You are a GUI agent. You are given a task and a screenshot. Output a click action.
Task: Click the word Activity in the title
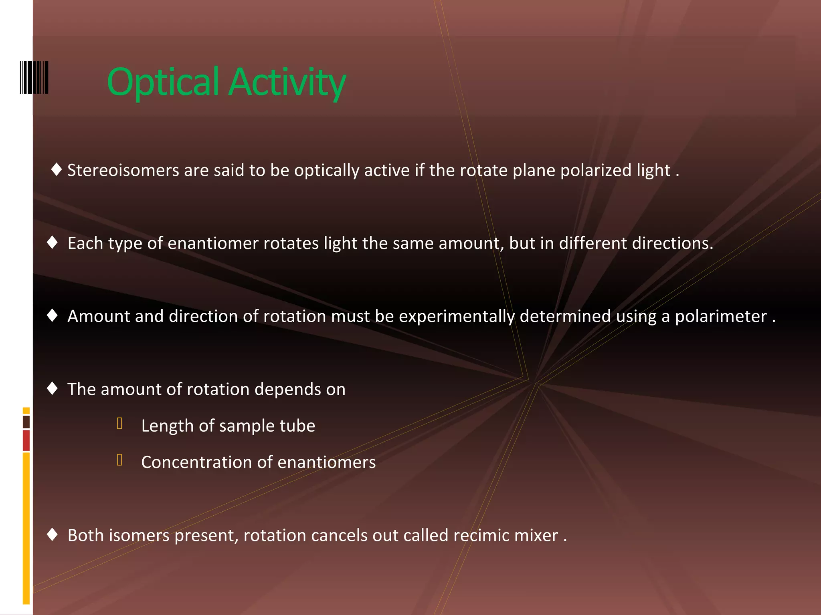[287, 82]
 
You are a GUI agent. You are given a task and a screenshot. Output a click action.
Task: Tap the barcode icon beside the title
[34, 77]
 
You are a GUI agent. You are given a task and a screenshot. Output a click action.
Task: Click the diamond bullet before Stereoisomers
[57, 169]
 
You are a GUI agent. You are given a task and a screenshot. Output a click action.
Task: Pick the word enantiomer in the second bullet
[213, 243]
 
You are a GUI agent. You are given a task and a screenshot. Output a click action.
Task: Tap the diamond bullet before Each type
[53, 242]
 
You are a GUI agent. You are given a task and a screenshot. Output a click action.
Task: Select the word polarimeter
[721, 316]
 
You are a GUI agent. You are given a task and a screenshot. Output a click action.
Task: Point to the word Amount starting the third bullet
[99, 316]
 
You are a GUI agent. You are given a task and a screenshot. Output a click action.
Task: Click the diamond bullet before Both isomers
[53, 534]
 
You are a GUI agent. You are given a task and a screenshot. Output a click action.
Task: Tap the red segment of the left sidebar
[26, 440]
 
